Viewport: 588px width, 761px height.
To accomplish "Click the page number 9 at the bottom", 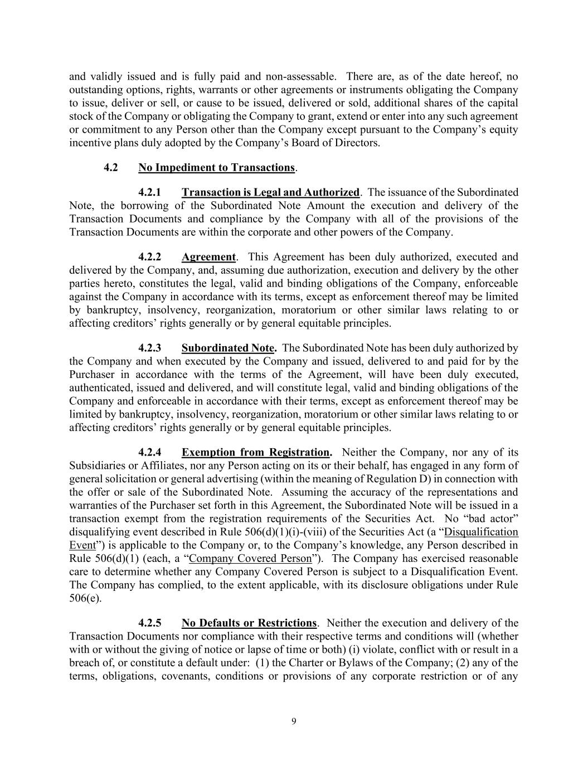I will [x=294, y=721].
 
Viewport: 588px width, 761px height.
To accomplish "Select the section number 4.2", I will [x=111, y=167].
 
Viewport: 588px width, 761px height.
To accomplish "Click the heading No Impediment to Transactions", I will [x=216, y=167].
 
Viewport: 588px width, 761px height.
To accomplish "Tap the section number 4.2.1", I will [x=149, y=192].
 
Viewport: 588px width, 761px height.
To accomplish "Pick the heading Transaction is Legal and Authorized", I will [x=270, y=192].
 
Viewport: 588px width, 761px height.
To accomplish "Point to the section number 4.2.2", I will [x=149, y=257].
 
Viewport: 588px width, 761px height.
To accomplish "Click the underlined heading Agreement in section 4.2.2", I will [x=208, y=257].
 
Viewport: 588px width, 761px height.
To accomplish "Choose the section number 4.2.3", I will [x=149, y=348].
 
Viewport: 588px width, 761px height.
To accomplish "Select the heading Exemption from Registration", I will [x=256, y=452].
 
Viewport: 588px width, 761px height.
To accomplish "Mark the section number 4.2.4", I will [x=149, y=452].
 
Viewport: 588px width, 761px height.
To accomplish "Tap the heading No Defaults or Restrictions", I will [x=249, y=623].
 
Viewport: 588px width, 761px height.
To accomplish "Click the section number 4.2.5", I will [x=149, y=623].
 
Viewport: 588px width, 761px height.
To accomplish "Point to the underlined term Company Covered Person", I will [x=250, y=559].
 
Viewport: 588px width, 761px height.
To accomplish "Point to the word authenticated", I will [x=100, y=388].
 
